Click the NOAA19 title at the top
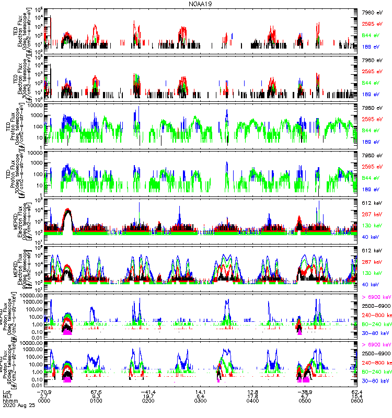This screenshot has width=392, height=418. [x=200, y=4]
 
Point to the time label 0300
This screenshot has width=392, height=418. [x=201, y=402]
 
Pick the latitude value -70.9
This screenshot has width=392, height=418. [x=44, y=391]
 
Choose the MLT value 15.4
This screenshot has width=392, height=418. [x=358, y=397]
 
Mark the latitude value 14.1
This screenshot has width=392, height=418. [x=201, y=391]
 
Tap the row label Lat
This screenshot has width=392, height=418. [x=7, y=391]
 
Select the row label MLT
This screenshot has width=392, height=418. [x=7, y=397]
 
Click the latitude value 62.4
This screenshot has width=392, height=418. [x=358, y=391]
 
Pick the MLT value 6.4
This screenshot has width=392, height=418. [x=201, y=397]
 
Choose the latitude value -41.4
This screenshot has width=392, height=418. [x=148, y=391]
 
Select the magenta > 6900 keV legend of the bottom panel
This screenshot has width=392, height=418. [x=375, y=345]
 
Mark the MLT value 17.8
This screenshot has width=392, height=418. [x=253, y=397]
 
